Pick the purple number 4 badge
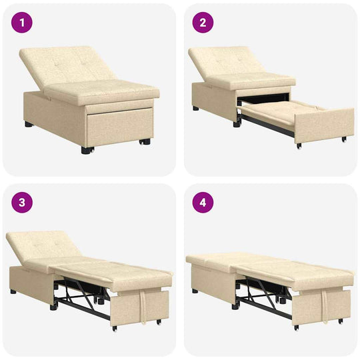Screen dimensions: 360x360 (x=203, y=203)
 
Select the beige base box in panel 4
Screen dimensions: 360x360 (x=210, y=280)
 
